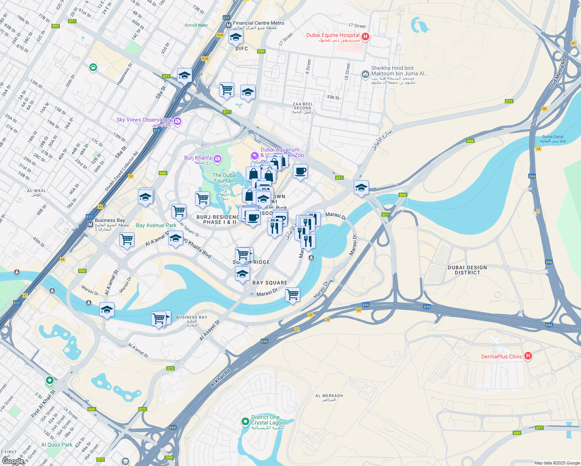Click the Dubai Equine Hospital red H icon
pos(365,37)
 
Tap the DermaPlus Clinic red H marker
pos(528,356)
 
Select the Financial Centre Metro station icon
pos(229,25)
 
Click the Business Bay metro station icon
pos(90,224)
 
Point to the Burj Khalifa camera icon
pos(217,158)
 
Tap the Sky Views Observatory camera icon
pos(177,121)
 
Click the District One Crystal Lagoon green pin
pos(245,421)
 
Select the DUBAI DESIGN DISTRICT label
pos(467,270)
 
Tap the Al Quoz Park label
pos(57,445)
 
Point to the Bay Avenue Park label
pos(156,225)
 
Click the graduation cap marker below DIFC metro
pos(236,38)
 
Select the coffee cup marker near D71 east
pos(300,172)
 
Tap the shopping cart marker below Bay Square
pos(292,295)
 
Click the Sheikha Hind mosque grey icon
pos(365,74)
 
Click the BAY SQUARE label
pos(270,283)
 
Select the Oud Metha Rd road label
pos(558,73)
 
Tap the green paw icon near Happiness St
pos(93,68)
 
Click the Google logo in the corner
pos(13,461)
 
